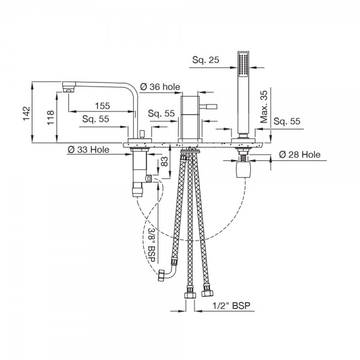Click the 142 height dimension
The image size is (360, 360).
(x=26, y=113)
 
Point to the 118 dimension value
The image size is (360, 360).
(x=50, y=118)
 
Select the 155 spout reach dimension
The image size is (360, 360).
(x=103, y=106)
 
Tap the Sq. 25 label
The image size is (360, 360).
(x=206, y=59)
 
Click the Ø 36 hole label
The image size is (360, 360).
(x=160, y=87)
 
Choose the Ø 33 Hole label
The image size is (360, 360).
(x=88, y=149)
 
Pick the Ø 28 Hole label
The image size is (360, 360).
(x=299, y=155)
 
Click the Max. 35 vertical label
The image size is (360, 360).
(x=264, y=107)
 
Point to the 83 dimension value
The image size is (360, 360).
(x=164, y=161)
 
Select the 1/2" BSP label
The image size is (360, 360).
(x=231, y=305)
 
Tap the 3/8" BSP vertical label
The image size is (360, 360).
(x=152, y=245)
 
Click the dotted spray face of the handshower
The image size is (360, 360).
(x=243, y=64)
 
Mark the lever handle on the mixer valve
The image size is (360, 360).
(x=208, y=107)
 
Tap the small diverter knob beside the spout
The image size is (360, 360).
(x=142, y=134)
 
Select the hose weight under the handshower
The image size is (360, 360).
(x=243, y=169)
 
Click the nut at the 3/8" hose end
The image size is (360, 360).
(x=161, y=275)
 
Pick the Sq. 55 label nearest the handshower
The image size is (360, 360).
(x=287, y=121)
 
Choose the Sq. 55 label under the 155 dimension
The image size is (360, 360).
(x=96, y=119)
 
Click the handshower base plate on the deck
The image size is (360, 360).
(x=243, y=140)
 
